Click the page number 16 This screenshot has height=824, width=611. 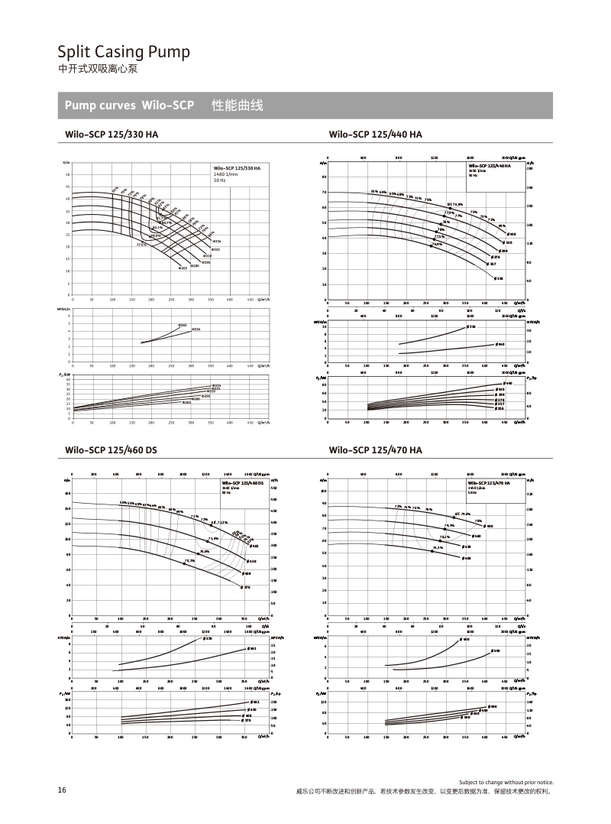[62, 790]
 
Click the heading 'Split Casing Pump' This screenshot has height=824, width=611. [124, 52]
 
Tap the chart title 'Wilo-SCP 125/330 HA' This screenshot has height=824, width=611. [112, 134]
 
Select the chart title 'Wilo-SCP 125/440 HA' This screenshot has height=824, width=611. [375, 134]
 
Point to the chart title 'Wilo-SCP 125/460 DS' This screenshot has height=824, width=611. [112, 450]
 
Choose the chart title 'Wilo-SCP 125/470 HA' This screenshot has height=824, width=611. [375, 450]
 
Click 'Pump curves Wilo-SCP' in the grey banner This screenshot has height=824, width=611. [129, 105]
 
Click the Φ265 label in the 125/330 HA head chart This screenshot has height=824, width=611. [184, 269]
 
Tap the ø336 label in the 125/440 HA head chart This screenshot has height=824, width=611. [499, 278]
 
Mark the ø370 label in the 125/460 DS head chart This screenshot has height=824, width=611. [246, 587]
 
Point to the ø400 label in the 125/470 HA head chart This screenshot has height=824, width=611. [466, 558]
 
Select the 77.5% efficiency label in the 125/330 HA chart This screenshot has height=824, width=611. [142, 245]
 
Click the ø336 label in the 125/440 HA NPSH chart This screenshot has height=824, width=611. [471, 327]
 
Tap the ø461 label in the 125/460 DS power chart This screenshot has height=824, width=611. [254, 702]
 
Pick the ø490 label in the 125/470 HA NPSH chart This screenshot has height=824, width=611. [466, 639]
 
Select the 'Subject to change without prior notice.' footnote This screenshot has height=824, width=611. [506, 783]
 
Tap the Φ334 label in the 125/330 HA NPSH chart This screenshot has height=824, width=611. [196, 329]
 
